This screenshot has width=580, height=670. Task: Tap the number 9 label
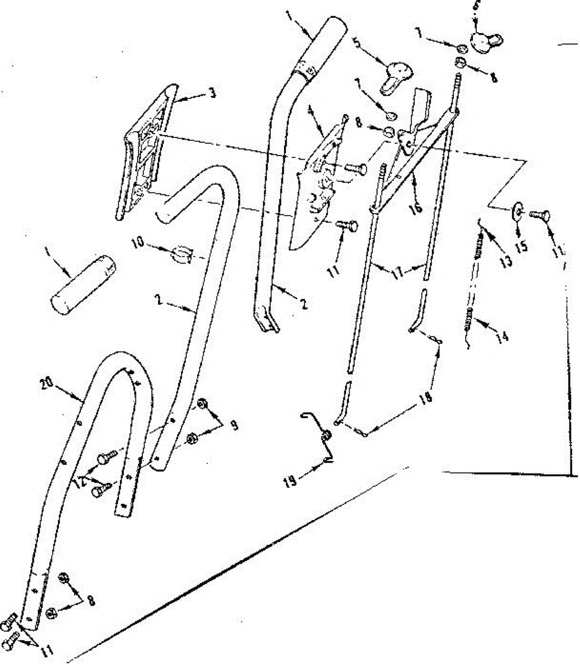click(x=234, y=425)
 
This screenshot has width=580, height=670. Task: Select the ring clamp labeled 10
click(x=180, y=253)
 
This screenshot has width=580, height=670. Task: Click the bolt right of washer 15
click(x=540, y=215)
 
